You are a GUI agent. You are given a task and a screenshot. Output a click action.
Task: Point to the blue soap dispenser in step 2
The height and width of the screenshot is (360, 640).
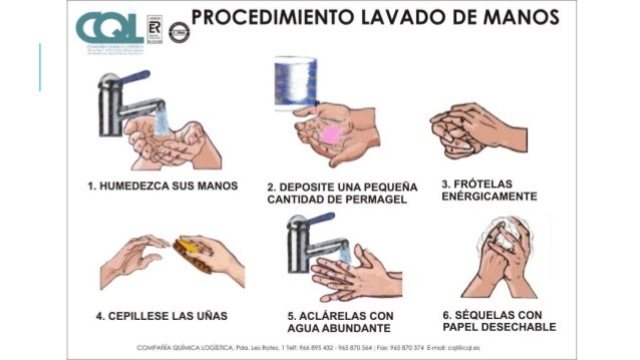coord(296,82)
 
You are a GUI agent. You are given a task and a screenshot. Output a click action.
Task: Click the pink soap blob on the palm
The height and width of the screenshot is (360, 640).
coord(331,133)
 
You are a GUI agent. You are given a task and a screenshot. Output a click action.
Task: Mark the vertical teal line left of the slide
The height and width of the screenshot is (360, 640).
coord(40,67)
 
